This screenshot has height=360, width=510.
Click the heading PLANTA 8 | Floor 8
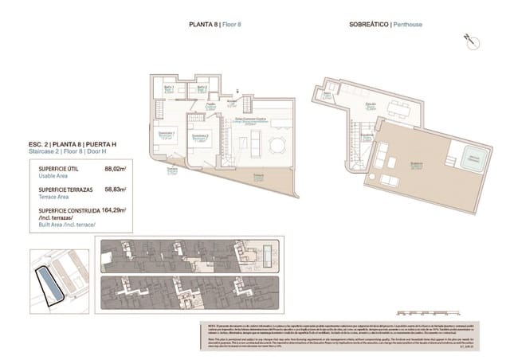pos(214,25)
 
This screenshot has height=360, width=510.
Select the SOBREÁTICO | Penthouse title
pos(386,25)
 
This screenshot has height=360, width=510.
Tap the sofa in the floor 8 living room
pos(256,143)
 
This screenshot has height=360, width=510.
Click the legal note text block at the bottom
pos(351,335)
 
